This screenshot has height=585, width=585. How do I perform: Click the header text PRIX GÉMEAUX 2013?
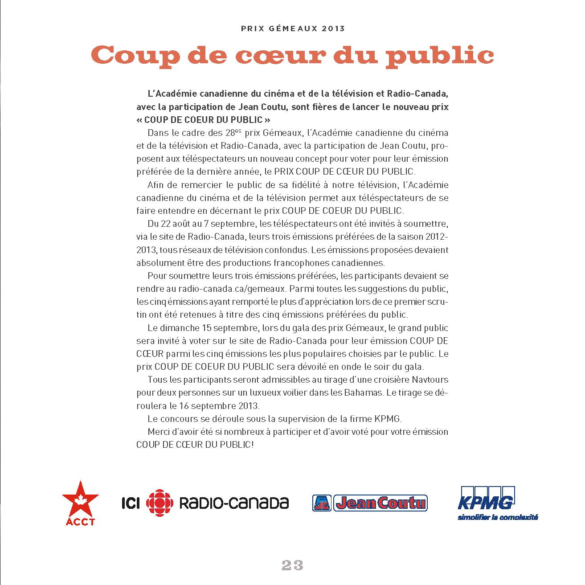pyautogui.click(x=293, y=29)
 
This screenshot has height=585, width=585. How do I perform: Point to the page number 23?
pyautogui.click(x=292, y=565)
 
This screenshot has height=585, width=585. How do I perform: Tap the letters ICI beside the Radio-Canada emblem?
pyautogui.click(x=131, y=503)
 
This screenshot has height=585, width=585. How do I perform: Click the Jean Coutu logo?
pyautogui.click(x=370, y=503)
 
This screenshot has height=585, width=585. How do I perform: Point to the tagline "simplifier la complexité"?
pyautogui.click(x=498, y=517)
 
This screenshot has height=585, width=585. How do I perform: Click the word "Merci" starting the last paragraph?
pyautogui.click(x=159, y=432)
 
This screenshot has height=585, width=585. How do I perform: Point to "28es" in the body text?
pyautogui.click(x=233, y=133)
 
